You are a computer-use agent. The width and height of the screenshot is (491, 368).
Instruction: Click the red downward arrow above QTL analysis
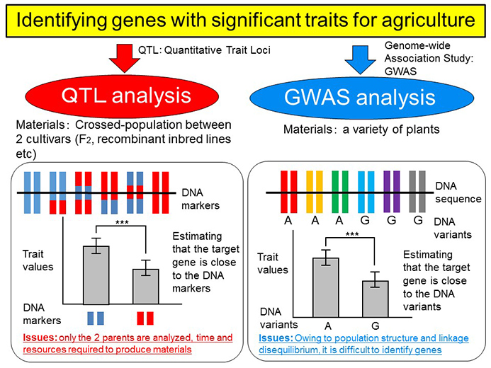point(124,59)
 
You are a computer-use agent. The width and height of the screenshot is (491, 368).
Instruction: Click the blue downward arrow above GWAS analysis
point(360,60)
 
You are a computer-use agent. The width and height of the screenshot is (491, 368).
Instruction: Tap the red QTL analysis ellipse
point(122,96)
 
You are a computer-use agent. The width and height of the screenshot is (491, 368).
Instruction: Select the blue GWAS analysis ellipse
point(361,98)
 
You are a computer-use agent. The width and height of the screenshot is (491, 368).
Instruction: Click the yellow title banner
point(245,21)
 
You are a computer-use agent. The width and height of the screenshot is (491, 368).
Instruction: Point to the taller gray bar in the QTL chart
point(96,275)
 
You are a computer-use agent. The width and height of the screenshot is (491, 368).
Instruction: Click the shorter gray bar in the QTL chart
point(146,287)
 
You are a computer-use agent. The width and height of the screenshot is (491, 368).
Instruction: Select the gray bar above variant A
point(326,287)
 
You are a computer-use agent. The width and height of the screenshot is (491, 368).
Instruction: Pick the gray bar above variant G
point(376,299)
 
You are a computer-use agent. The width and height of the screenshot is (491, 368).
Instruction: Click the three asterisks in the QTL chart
point(122,222)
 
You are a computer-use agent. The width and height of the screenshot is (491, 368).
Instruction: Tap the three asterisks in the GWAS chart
point(352,234)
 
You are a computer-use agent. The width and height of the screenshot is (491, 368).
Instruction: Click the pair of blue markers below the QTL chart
point(96,318)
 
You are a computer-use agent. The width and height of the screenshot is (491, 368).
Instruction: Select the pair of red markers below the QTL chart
point(145,318)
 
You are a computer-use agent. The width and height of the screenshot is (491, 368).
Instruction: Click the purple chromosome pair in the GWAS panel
point(392,192)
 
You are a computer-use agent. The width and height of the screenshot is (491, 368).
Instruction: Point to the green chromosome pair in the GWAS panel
point(340,192)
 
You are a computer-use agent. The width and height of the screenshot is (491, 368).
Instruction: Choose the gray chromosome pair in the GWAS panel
point(417,192)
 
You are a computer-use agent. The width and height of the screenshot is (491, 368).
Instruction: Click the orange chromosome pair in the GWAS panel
point(315,192)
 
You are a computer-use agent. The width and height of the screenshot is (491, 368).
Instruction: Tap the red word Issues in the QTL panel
point(40,338)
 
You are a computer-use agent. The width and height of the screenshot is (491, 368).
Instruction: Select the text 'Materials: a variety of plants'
point(361,129)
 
